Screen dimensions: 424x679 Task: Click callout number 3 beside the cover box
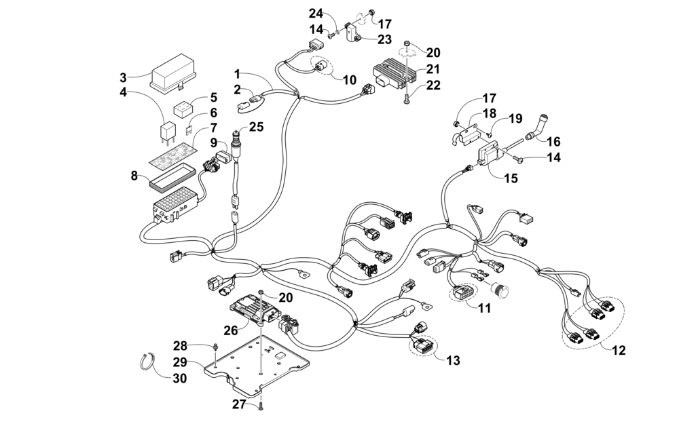click(123, 76)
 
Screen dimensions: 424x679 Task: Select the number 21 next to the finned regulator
click(434, 69)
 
